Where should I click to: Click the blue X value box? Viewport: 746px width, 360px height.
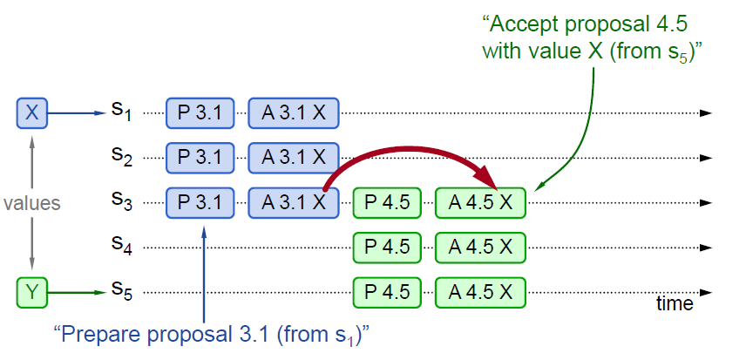click(x=32, y=112)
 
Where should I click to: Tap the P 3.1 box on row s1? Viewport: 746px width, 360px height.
click(x=200, y=112)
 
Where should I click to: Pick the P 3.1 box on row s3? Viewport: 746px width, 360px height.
click(x=200, y=202)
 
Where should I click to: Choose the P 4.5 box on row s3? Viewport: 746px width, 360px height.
click(x=387, y=202)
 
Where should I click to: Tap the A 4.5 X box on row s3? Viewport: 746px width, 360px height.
click(x=481, y=202)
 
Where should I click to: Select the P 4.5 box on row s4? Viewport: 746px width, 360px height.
click(x=387, y=247)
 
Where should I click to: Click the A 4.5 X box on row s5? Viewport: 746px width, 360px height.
click(x=481, y=291)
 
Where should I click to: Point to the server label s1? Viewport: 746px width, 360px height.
click(x=120, y=112)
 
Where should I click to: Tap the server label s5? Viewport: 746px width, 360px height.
click(x=120, y=292)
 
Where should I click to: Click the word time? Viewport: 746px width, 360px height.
click(x=675, y=303)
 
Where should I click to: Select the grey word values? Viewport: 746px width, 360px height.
click(x=32, y=203)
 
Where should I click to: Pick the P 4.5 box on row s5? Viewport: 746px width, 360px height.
click(x=387, y=291)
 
